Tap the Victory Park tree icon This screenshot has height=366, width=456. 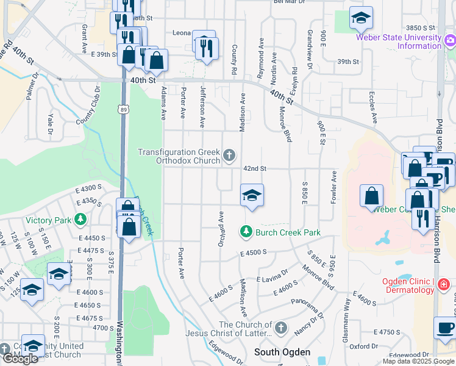point(80,219)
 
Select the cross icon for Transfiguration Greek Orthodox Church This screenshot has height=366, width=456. point(229,156)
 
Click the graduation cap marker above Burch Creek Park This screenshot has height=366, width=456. point(252,196)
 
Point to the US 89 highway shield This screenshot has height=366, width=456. point(123,109)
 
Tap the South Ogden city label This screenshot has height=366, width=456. point(282,352)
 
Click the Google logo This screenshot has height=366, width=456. point(20,359)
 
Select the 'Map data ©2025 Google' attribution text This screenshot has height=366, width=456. point(418,361)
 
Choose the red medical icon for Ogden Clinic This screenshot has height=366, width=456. point(444,284)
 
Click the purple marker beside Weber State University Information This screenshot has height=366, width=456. point(451,41)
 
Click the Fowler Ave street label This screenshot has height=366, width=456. point(334,187)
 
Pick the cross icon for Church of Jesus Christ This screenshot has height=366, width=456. point(280,328)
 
